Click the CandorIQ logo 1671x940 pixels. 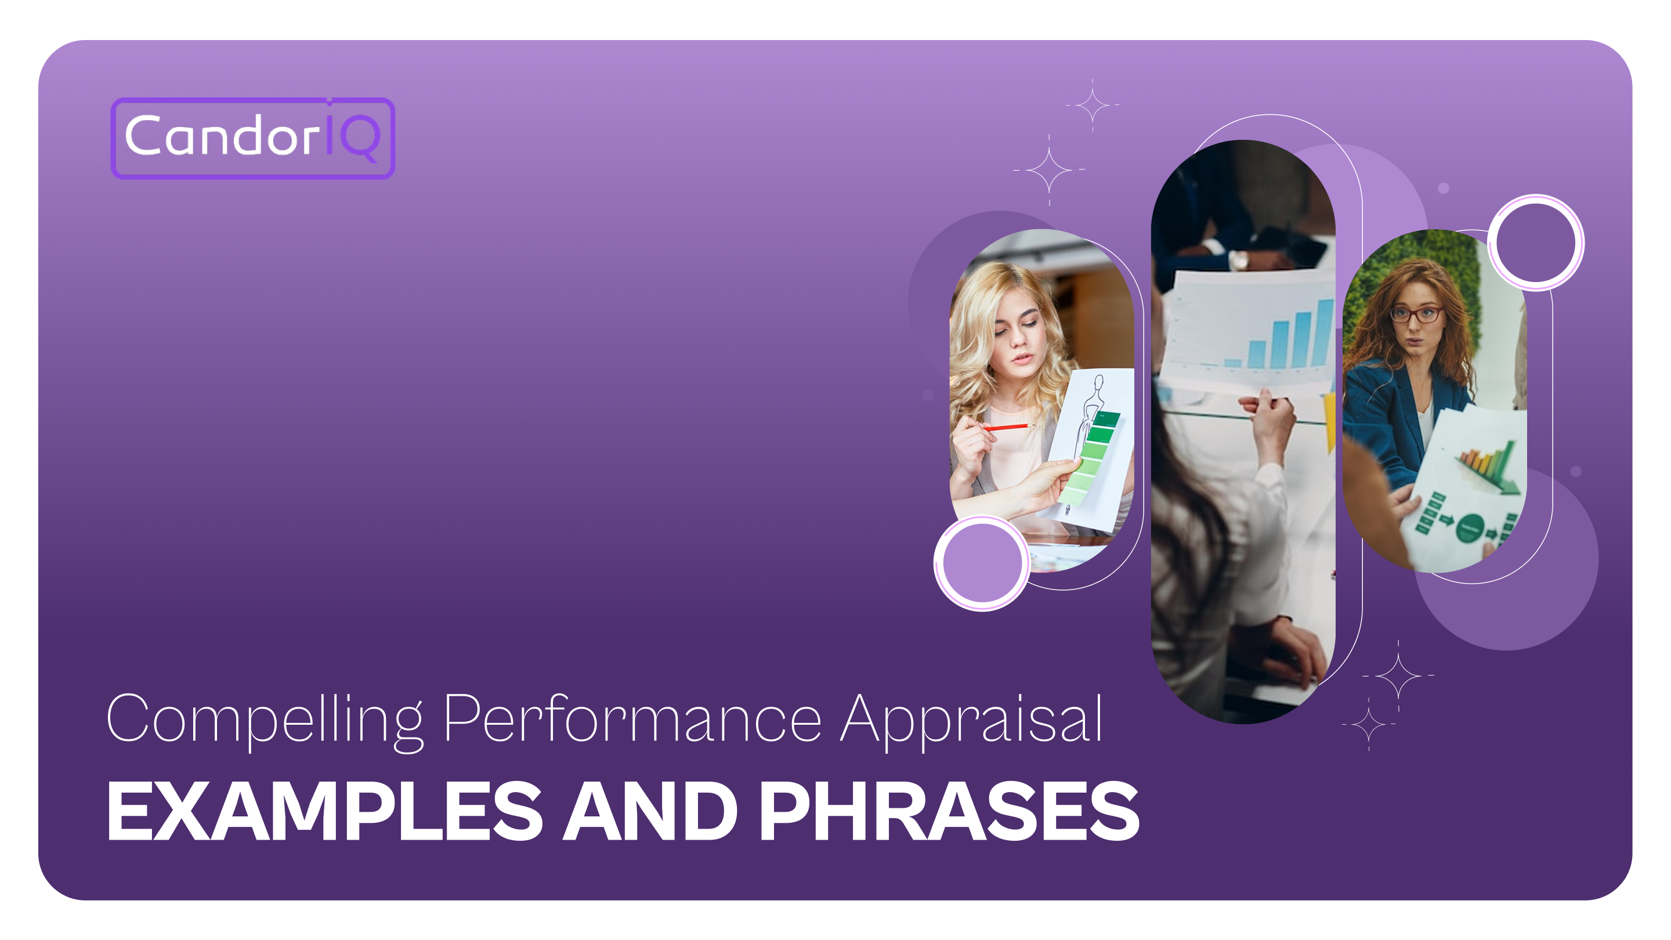point(252,138)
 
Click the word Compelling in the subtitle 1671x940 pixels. point(265,719)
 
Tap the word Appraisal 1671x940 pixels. point(971,719)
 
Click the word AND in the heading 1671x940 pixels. point(650,811)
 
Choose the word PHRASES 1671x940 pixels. point(949,811)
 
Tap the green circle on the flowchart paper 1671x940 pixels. point(1470,527)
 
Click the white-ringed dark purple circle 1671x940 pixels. point(1535,243)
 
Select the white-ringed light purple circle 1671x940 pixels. point(982,562)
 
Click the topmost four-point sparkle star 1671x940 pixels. point(1093,104)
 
